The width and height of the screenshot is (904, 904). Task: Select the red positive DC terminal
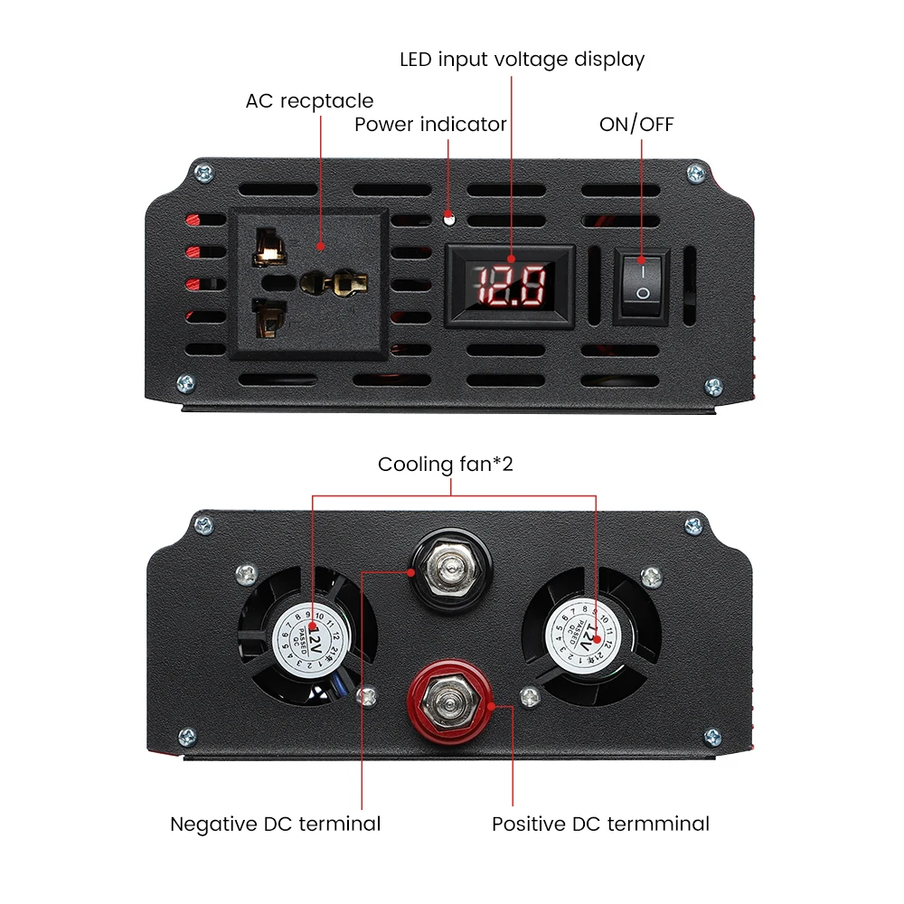[x=448, y=705]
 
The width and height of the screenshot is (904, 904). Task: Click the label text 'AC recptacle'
[x=309, y=100]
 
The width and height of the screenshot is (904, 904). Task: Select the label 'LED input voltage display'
[x=523, y=60]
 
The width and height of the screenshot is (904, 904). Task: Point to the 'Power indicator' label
[x=430, y=124]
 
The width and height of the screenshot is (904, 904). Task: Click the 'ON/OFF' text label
[x=636, y=124]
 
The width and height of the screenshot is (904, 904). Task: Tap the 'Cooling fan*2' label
[x=451, y=465]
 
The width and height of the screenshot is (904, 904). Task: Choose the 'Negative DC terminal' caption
[x=276, y=824]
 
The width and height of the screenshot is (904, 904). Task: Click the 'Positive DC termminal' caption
[x=600, y=824]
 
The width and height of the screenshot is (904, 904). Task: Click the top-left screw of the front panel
[x=201, y=172]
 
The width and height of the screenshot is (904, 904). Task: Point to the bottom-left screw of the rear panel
[x=187, y=737]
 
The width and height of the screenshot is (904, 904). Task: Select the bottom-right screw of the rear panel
[x=712, y=737]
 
